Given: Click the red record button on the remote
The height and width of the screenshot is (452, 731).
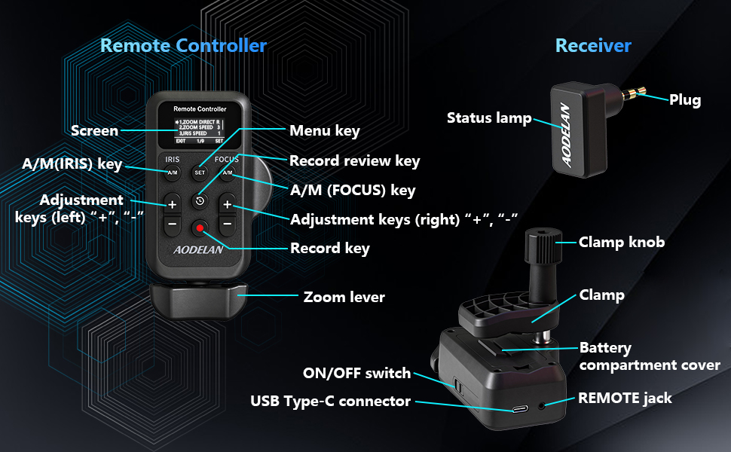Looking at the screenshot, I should click(200, 225).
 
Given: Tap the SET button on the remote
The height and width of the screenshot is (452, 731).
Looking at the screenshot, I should click(200, 173).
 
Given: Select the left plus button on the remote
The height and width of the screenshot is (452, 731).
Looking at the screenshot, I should click(172, 204).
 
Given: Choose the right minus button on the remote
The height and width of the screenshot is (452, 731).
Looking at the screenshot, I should click(227, 224).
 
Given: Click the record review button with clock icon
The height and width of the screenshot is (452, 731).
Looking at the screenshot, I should click(200, 201).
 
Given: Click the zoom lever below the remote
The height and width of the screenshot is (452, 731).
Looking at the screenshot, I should click(200, 300).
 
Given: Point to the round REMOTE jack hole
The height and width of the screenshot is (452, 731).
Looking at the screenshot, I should click(544, 407).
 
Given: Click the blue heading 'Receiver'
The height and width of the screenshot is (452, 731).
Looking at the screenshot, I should click(593, 45).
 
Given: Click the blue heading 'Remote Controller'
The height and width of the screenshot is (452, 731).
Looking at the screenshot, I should click(183, 45).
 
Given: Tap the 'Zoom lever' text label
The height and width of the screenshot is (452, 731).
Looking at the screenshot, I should click(344, 297).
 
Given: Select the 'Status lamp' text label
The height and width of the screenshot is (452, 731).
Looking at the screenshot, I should click(489, 118).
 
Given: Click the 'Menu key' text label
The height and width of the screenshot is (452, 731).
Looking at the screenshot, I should click(325, 130).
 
